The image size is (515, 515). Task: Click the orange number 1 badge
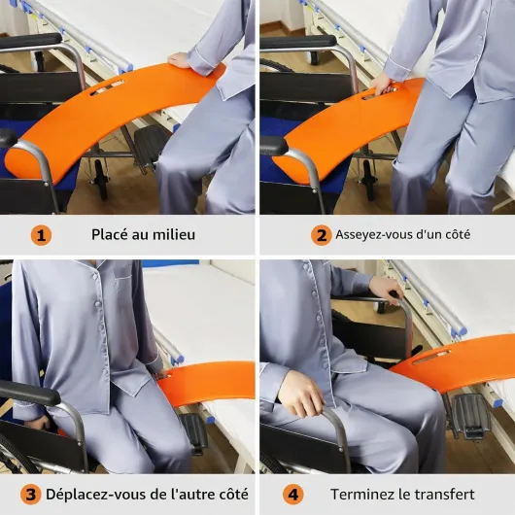click(41, 235)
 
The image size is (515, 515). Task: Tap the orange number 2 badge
click(322, 235)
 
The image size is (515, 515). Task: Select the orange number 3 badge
click(30, 495)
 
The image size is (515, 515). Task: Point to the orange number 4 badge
click(293, 495)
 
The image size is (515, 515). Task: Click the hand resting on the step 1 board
click(181, 61)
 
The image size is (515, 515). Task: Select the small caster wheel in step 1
click(101, 180)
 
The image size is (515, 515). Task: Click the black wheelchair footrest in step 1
click(151, 145)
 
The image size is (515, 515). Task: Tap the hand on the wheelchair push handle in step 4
click(387, 288)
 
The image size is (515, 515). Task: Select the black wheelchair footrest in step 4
click(471, 415)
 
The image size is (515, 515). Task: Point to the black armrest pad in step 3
click(29, 394)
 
